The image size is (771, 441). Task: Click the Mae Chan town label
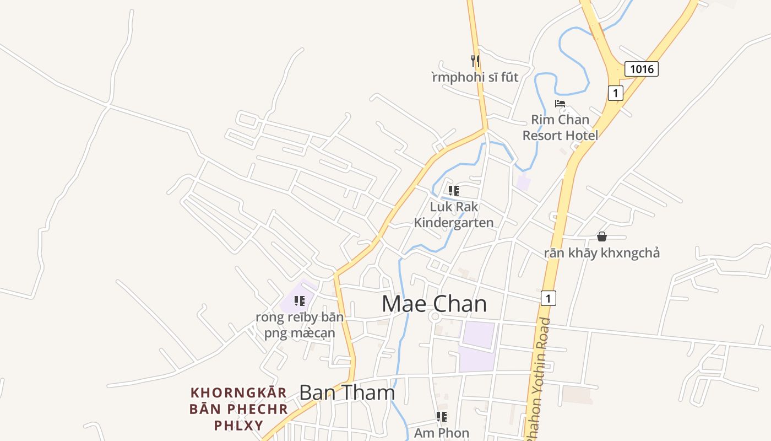coord(434,304)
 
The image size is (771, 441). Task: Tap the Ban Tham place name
coord(347,392)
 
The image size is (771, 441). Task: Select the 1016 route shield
coord(642,69)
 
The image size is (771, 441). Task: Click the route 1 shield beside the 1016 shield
coord(615,93)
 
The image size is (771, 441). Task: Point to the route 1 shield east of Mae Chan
coord(548,298)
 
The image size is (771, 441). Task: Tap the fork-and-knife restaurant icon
coord(475,60)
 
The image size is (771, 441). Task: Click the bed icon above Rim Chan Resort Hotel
coord(560,104)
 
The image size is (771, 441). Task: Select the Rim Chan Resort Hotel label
coord(560,127)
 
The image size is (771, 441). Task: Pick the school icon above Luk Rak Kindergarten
coord(453,191)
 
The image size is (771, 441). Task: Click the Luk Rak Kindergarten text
coord(454,214)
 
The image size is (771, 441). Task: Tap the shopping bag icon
coord(602,236)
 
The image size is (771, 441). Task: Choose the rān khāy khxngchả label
coord(602,253)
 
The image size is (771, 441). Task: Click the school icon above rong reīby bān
coord(300,301)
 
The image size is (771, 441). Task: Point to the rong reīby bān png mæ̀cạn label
coord(300,325)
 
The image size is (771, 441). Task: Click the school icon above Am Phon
coord(441,417)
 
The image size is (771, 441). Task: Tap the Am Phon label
coord(442,433)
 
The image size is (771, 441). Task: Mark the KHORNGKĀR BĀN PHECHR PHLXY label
coord(238,409)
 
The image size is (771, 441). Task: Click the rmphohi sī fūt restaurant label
coord(475,77)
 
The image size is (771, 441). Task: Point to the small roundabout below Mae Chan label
coord(435,317)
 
